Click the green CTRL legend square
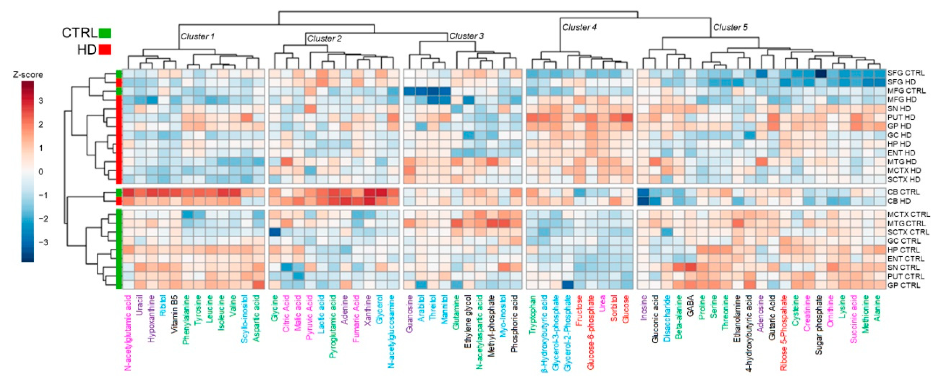click(105, 33)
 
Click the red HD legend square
click(105, 49)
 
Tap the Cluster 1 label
click(197, 37)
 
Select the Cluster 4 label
click(579, 27)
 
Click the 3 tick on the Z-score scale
click(41, 101)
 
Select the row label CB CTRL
click(904, 192)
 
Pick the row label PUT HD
click(901, 117)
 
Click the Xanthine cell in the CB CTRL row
click(369, 192)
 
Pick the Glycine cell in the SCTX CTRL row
click(275, 232)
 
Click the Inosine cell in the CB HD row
click(643, 201)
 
